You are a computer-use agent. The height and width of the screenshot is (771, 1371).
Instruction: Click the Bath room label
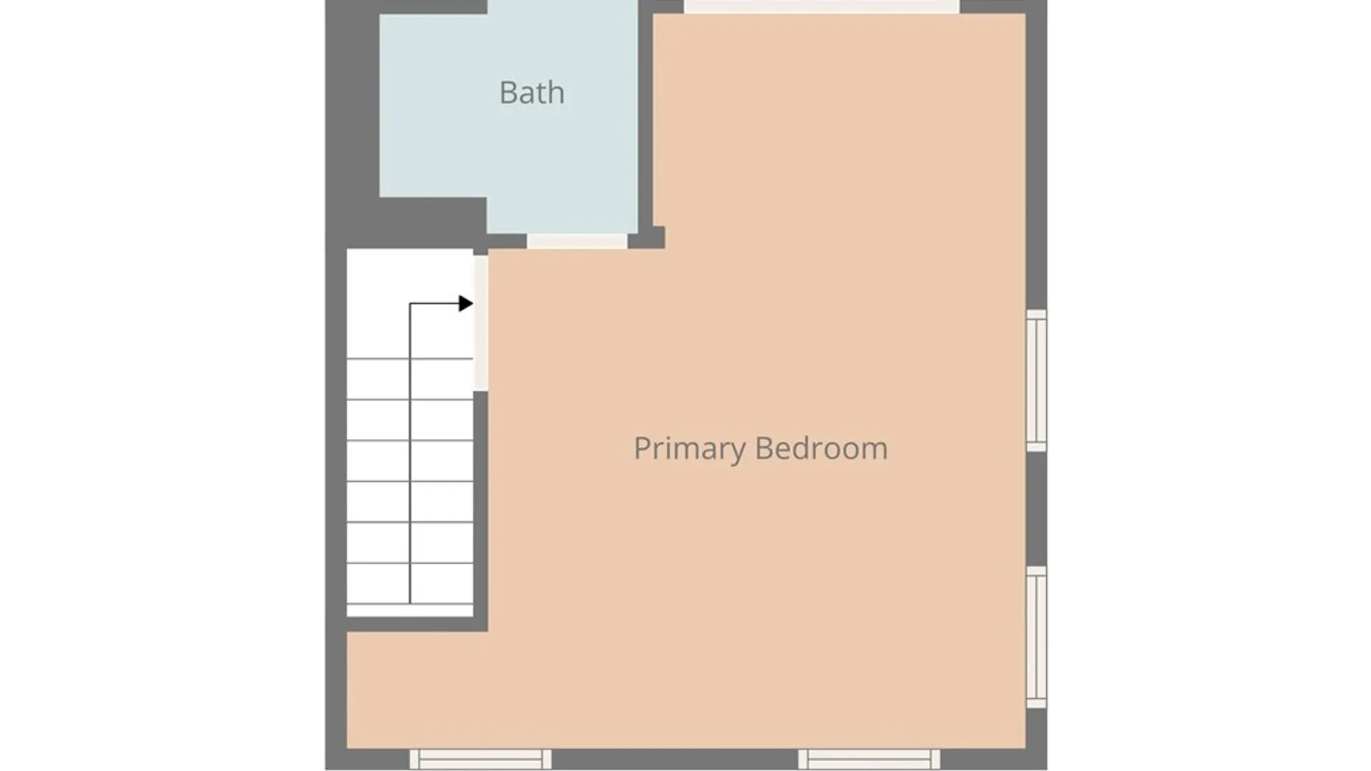532,93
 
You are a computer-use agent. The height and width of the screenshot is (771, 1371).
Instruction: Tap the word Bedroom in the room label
821,448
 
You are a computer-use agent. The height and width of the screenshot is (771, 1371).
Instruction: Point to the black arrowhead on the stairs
466,303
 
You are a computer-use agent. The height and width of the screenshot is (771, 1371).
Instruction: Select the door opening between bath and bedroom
577,241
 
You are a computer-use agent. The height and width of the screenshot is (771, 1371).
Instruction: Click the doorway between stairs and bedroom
481,323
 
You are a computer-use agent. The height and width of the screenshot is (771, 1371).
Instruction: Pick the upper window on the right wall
1036,381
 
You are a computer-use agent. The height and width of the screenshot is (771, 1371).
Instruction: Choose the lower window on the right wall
1036,637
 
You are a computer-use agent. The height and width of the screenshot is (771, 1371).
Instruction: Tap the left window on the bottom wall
481,759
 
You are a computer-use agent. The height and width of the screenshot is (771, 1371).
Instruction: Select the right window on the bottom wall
869,759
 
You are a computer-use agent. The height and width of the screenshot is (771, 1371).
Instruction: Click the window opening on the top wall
822,6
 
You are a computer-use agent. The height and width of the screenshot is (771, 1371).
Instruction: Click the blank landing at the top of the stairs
410,303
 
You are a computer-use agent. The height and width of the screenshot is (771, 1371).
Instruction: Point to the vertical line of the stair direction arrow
410,453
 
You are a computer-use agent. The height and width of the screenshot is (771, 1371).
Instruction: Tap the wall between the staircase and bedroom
481,511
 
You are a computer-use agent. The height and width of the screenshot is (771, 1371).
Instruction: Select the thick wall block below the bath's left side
433,223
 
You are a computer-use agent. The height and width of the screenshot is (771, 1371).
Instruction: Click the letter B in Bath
508,93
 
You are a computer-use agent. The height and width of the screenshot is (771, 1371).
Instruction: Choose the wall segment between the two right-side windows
1036,509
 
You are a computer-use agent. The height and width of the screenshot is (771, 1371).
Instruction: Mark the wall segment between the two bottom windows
675,759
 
